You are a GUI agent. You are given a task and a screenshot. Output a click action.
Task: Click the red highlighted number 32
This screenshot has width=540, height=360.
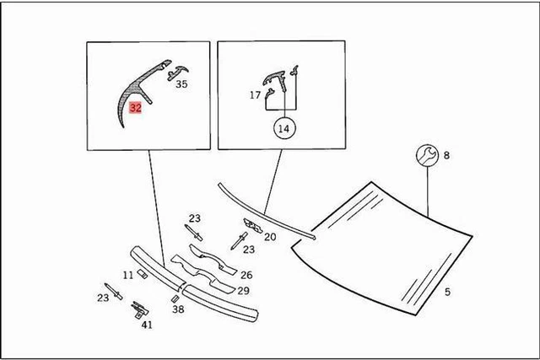click(x=136, y=108)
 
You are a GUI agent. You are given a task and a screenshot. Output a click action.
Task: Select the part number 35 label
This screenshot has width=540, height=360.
click(x=181, y=84)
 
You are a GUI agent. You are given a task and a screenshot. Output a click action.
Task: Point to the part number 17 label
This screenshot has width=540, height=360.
click(x=255, y=95)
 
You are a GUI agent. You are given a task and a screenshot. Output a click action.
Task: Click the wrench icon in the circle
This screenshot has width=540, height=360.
click(x=427, y=154)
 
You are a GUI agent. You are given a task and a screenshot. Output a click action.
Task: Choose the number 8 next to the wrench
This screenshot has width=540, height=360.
click(x=446, y=155)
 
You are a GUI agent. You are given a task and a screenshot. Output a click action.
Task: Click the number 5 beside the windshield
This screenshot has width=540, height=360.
click(x=447, y=292)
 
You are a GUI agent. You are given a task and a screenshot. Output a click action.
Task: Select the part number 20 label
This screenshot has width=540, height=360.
click(x=270, y=237)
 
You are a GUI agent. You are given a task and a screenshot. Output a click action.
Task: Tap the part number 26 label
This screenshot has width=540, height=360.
click(x=246, y=274)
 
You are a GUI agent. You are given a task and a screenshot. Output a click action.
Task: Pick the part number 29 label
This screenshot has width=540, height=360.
click(x=243, y=290)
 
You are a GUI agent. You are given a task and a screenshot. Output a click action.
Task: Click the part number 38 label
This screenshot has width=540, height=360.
click(x=178, y=309)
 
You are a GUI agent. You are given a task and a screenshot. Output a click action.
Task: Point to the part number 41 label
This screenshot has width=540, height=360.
click(x=147, y=325)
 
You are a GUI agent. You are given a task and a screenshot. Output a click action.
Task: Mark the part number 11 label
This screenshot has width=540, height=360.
click(x=127, y=275)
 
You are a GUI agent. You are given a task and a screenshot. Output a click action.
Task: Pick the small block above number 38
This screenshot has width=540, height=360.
click(x=175, y=298)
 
